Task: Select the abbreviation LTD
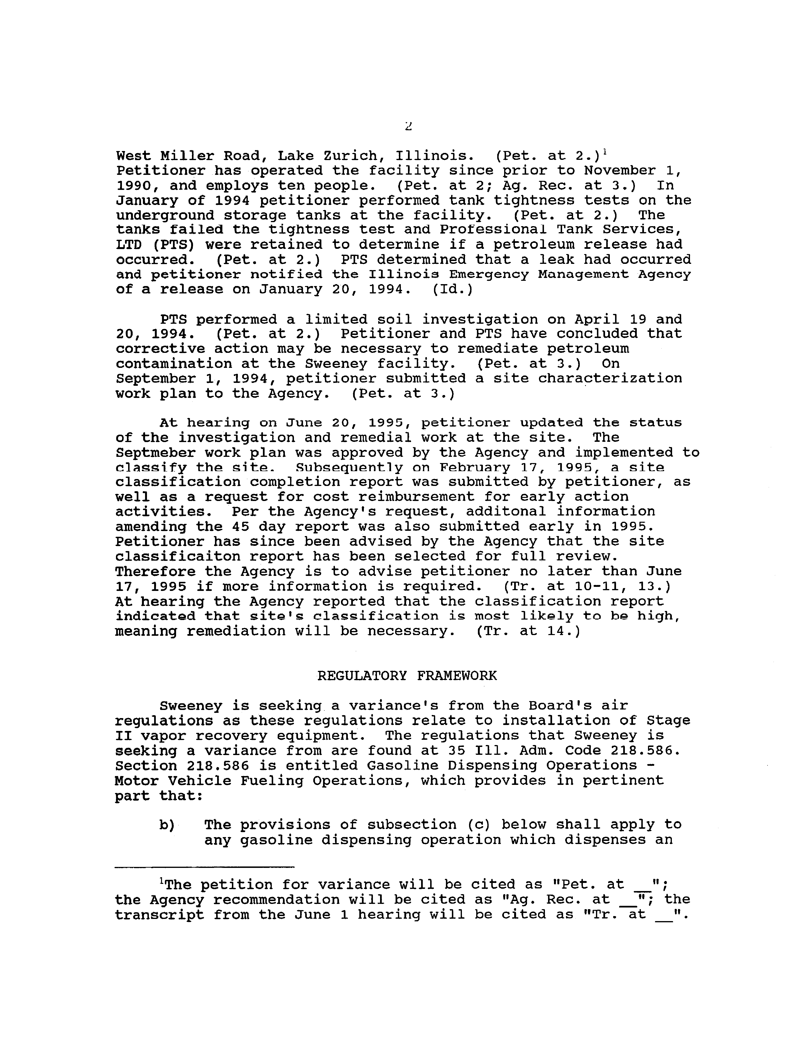click(x=129, y=245)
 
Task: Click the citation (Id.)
click(x=453, y=289)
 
